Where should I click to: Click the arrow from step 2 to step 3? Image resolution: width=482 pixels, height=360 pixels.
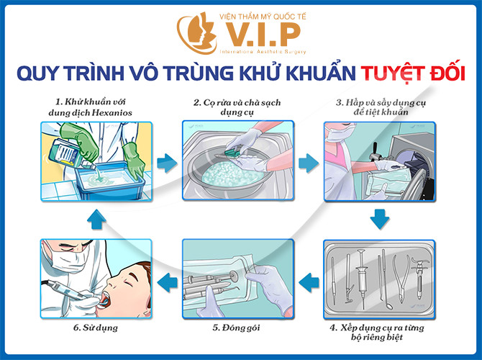pyautogui.click(x=308, y=161)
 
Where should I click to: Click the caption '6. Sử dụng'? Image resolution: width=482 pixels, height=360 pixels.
pyautogui.click(x=95, y=329)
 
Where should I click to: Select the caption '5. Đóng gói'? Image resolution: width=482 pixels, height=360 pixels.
pyautogui.click(x=237, y=329)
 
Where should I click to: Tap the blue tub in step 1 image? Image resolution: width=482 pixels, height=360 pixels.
pyautogui.click(x=108, y=180)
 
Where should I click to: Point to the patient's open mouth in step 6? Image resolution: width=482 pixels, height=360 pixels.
pyautogui.click(x=107, y=297)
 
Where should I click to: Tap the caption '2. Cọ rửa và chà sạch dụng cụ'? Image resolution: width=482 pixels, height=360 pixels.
pyautogui.click(x=237, y=108)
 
